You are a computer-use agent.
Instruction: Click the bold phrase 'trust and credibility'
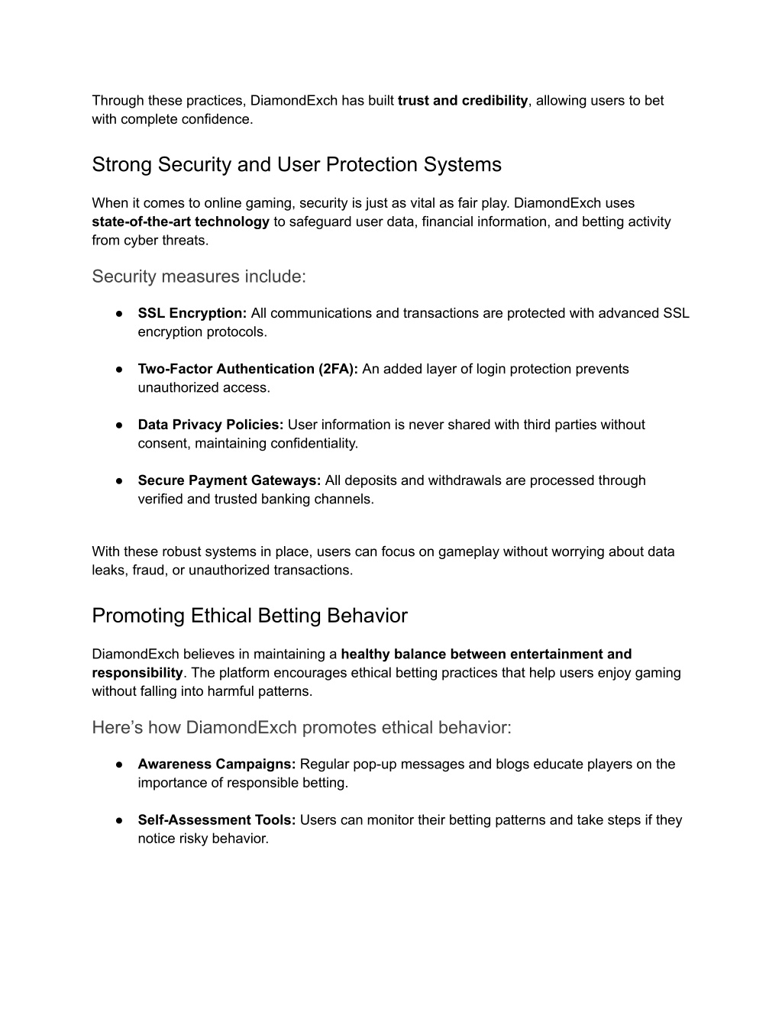463,101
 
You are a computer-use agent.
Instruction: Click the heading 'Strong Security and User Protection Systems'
296,165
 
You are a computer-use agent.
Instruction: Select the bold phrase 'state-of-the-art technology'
180,222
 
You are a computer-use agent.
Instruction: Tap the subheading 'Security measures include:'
199,276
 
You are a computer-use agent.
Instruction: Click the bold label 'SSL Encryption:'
192,313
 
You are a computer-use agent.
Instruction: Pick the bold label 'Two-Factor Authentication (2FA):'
248,369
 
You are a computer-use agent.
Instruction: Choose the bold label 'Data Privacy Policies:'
211,425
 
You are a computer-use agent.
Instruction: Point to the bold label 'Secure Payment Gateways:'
229,480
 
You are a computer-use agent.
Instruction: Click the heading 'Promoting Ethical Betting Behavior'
250,616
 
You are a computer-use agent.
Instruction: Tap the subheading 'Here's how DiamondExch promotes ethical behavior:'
302,728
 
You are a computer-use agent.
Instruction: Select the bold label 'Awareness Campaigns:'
217,764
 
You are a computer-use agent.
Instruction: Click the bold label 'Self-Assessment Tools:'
217,820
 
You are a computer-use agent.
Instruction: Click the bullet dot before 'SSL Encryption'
120,313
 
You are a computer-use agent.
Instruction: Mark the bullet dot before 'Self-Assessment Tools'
120,820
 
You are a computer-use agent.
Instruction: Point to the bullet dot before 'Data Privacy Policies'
120,425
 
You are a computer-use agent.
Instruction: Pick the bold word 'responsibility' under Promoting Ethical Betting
137,673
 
